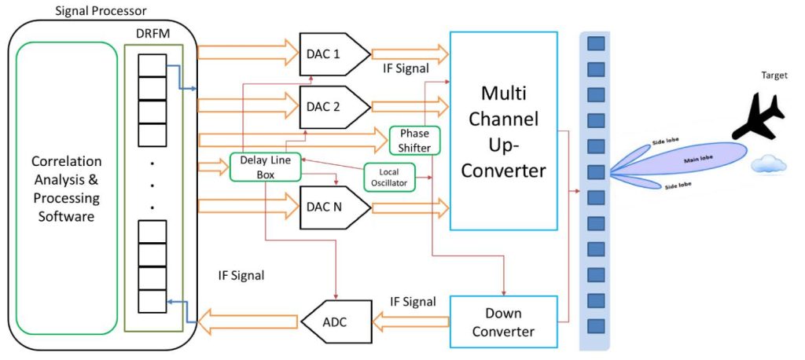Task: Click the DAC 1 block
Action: [334, 54]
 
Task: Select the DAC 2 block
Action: [334, 107]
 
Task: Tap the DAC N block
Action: [334, 207]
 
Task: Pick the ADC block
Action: [336, 322]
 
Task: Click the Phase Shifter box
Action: [415, 140]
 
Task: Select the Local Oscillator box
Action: [389, 177]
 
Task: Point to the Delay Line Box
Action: [265, 167]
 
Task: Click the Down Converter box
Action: [503, 322]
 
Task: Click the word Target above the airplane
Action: [774, 75]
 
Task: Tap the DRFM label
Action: [153, 35]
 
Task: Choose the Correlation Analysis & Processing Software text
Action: [67, 189]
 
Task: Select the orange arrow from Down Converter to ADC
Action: [410, 322]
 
